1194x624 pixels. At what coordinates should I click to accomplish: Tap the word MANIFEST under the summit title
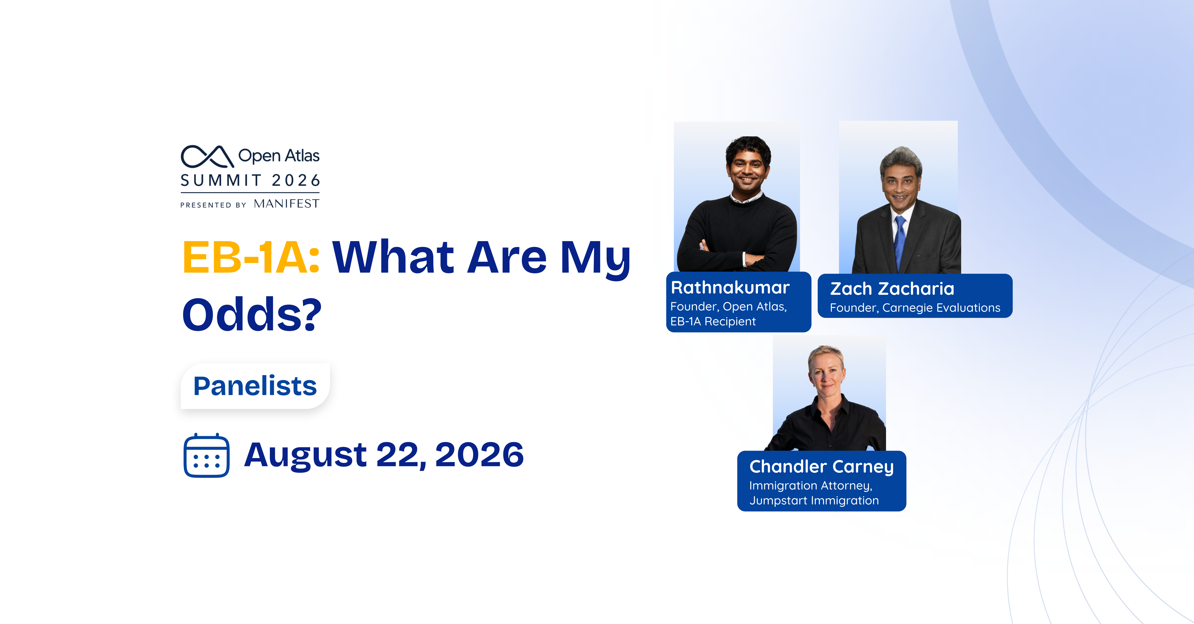point(287,204)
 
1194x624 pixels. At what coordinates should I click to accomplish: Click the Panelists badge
point(255,386)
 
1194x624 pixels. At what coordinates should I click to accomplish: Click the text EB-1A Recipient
point(713,321)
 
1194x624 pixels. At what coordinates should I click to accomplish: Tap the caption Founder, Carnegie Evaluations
point(915,308)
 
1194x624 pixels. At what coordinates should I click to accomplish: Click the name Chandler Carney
point(821,466)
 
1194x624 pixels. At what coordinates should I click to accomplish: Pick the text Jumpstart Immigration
point(814,501)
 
